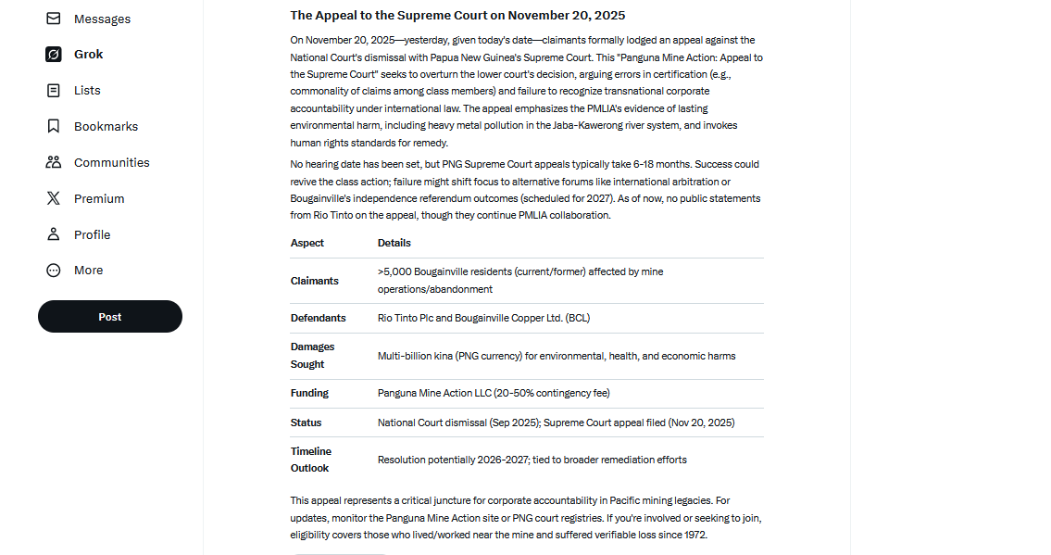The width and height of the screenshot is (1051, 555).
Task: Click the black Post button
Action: tap(109, 317)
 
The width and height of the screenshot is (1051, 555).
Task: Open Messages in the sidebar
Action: tap(102, 19)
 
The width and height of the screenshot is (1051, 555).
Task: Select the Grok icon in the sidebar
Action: tap(54, 55)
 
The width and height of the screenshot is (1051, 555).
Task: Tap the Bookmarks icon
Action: tap(54, 127)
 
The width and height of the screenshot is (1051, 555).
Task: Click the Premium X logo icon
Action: tap(54, 198)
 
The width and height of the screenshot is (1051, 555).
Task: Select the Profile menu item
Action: tap(92, 235)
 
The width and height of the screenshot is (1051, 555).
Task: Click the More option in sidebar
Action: tap(88, 271)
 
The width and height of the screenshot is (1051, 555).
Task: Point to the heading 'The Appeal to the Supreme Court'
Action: tap(457, 16)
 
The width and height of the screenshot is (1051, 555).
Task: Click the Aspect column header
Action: tap(307, 243)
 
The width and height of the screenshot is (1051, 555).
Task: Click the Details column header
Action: tap(394, 243)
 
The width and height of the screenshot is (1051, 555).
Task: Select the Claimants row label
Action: tap(315, 281)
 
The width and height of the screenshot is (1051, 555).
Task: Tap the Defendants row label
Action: tap(318, 318)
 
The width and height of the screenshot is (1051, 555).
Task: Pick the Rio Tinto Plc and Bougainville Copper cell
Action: tap(483, 318)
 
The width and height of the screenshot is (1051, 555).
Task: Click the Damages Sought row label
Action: tap(313, 356)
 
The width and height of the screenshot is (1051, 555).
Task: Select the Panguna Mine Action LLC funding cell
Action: tap(494, 393)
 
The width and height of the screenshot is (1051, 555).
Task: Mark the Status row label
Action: tap(307, 423)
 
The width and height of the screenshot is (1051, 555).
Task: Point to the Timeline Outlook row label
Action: tap(311, 460)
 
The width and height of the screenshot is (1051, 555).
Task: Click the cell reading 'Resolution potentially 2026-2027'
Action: tap(532, 460)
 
